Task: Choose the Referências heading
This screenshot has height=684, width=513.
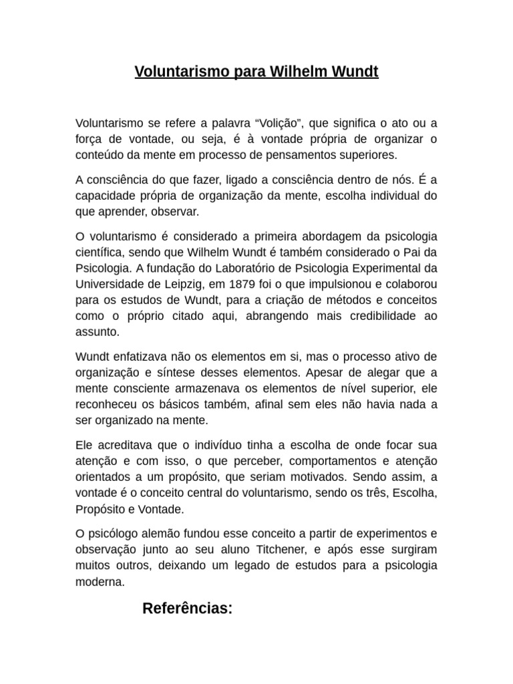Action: [188, 609]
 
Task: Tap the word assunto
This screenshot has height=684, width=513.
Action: [98, 332]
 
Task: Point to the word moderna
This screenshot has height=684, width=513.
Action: [100, 582]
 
